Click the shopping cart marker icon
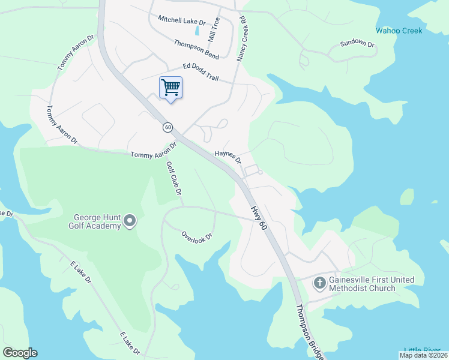[170, 88]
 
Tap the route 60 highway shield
[167, 127]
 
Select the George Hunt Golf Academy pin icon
[130, 223]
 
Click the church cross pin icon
[320, 282]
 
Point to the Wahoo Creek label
[399, 31]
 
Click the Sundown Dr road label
[357, 44]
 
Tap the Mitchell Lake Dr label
[181, 20]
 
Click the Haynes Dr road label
[228, 157]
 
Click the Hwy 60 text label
[258, 217]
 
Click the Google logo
[20, 353]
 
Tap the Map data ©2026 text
[423, 355]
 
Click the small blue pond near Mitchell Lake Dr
[197, 30]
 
